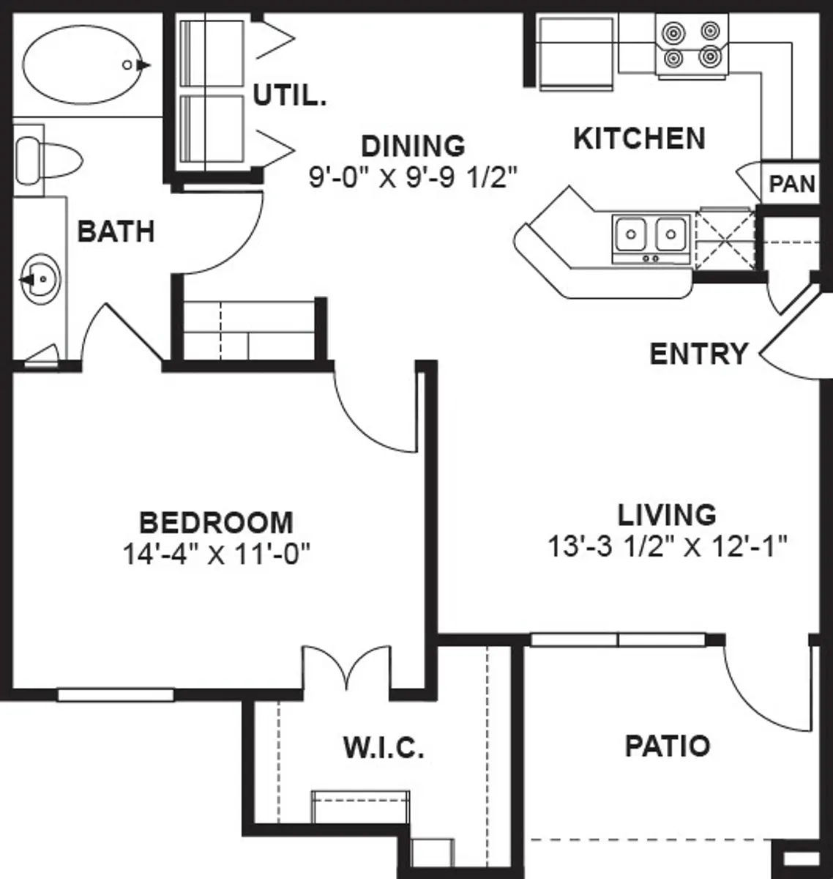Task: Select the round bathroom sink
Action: coord(41,279)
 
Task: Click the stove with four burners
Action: coord(691,45)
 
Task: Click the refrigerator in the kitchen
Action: coord(575,53)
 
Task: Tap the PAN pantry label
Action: coord(792,183)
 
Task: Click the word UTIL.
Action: coord(289,95)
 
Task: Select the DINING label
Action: coord(413,146)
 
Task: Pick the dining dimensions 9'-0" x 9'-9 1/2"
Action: coord(414,178)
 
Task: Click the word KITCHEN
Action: coord(639,138)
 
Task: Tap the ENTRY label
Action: coord(698,354)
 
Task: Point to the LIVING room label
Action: coord(667,515)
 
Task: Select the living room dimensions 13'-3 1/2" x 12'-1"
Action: coord(667,546)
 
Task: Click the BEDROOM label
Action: coord(216,523)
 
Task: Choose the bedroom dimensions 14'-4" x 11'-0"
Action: coord(217,555)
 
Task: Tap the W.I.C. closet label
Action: coord(384,749)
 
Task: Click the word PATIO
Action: coord(667,746)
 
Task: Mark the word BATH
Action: coord(116,231)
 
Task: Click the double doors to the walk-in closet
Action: coord(347,668)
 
